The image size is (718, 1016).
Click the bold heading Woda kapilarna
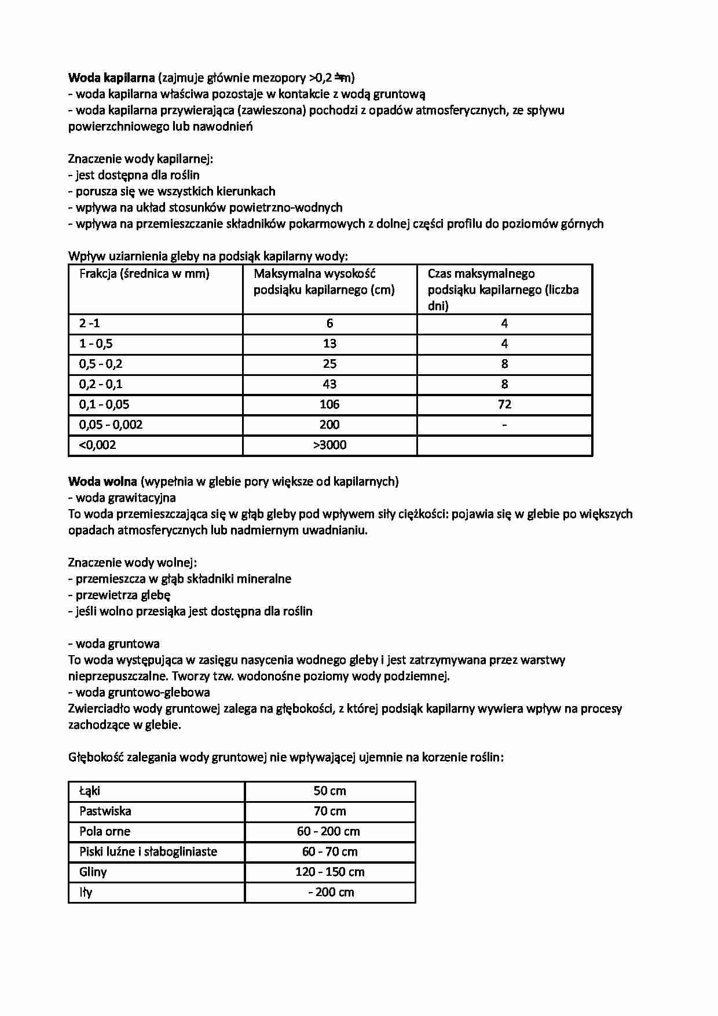[x=111, y=78]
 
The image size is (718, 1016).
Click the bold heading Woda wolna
[x=102, y=481]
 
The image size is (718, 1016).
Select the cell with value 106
[x=329, y=404]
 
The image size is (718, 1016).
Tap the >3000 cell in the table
[x=329, y=445]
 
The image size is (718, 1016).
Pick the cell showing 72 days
[x=504, y=404]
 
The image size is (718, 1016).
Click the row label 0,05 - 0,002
[x=111, y=425]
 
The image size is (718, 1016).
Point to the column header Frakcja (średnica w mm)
[x=144, y=274]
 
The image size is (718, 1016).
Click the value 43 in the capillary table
[x=329, y=384]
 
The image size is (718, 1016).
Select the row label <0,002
[x=97, y=445]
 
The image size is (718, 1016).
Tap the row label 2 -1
[x=89, y=323]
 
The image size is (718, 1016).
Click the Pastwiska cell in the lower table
[x=105, y=811]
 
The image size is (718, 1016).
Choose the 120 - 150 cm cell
[x=329, y=872]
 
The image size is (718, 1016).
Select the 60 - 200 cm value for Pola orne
[x=328, y=831]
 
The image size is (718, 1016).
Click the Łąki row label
[x=90, y=791]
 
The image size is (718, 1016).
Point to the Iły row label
[x=86, y=892]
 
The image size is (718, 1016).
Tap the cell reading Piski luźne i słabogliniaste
[x=148, y=851]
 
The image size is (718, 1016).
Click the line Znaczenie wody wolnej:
[x=132, y=562]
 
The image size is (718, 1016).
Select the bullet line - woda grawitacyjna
[x=122, y=498]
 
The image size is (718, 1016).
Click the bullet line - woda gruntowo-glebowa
[x=139, y=692]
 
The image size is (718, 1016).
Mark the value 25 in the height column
[x=329, y=364]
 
